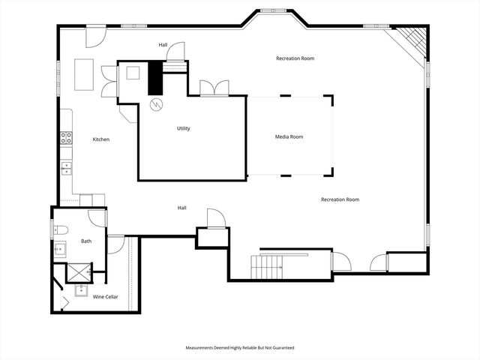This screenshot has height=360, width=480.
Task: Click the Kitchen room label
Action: (x=101, y=139)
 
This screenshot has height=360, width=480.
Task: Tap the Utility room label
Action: (x=183, y=128)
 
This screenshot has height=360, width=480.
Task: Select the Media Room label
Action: (x=289, y=136)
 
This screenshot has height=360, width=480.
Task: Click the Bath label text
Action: (x=86, y=241)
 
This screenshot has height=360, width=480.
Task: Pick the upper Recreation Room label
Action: (x=295, y=58)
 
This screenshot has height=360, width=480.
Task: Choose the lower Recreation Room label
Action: (x=340, y=199)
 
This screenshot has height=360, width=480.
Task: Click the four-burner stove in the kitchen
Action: (x=66, y=137)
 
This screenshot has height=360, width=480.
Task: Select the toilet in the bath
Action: (x=61, y=229)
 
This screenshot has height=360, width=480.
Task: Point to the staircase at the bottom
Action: (x=268, y=265)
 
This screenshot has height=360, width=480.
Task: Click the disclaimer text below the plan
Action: (x=240, y=348)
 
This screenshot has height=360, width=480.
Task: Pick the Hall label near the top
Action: (x=163, y=45)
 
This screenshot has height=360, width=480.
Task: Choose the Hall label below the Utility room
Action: (x=181, y=208)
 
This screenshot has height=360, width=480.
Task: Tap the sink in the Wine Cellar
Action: (x=81, y=290)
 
